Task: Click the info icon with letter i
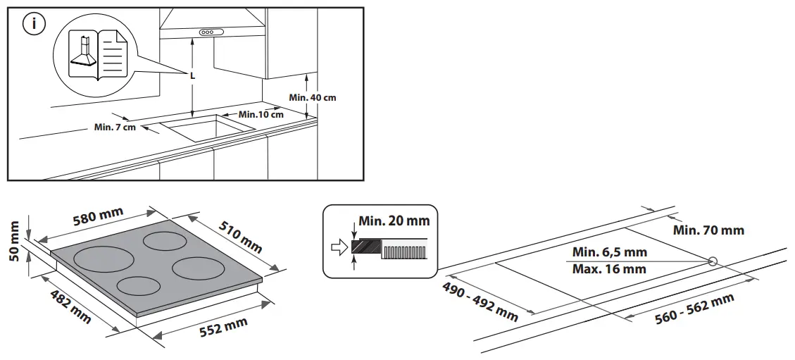click(33, 25)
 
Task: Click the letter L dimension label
click(192, 75)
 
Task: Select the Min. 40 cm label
click(313, 97)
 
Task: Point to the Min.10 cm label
click(261, 114)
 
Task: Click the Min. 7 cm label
click(114, 127)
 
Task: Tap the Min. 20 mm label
click(394, 221)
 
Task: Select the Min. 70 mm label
click(708, 230)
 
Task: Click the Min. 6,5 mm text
click(609, 252)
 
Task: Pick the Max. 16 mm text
click(609, 268)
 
